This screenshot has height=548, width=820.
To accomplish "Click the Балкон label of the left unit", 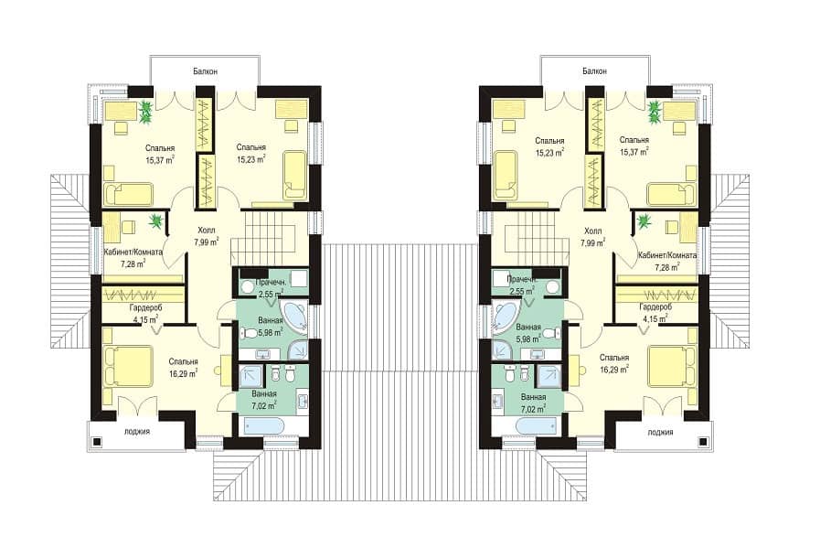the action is (x=205, y=71).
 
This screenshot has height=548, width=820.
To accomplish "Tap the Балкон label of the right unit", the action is (x=594, y=71).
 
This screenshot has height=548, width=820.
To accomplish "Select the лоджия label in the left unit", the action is (x=137, y=432).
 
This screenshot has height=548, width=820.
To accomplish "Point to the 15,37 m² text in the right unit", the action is (x=634, y=152).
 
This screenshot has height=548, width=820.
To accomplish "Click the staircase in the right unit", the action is (x=531, y=237).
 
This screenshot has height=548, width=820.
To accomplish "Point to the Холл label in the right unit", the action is (x=592, y=231).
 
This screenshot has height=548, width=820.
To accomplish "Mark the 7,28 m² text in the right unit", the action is (x=667, y=267).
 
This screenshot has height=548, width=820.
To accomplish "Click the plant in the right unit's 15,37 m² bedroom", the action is (x=654, y=112).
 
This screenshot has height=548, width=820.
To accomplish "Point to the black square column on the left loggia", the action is (x=96, y=442).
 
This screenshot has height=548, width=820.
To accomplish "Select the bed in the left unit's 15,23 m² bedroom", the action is (x=294, y=176).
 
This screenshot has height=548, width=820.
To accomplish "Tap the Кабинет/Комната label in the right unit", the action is (x=667, y=256).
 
